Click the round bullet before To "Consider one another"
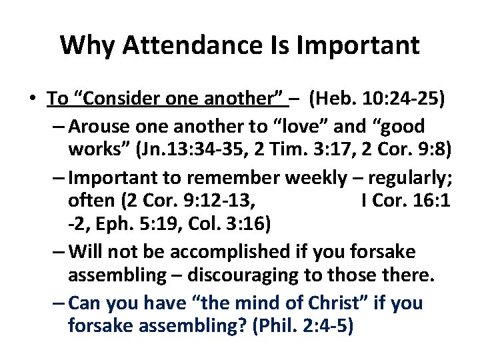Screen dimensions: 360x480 [33, 99]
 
